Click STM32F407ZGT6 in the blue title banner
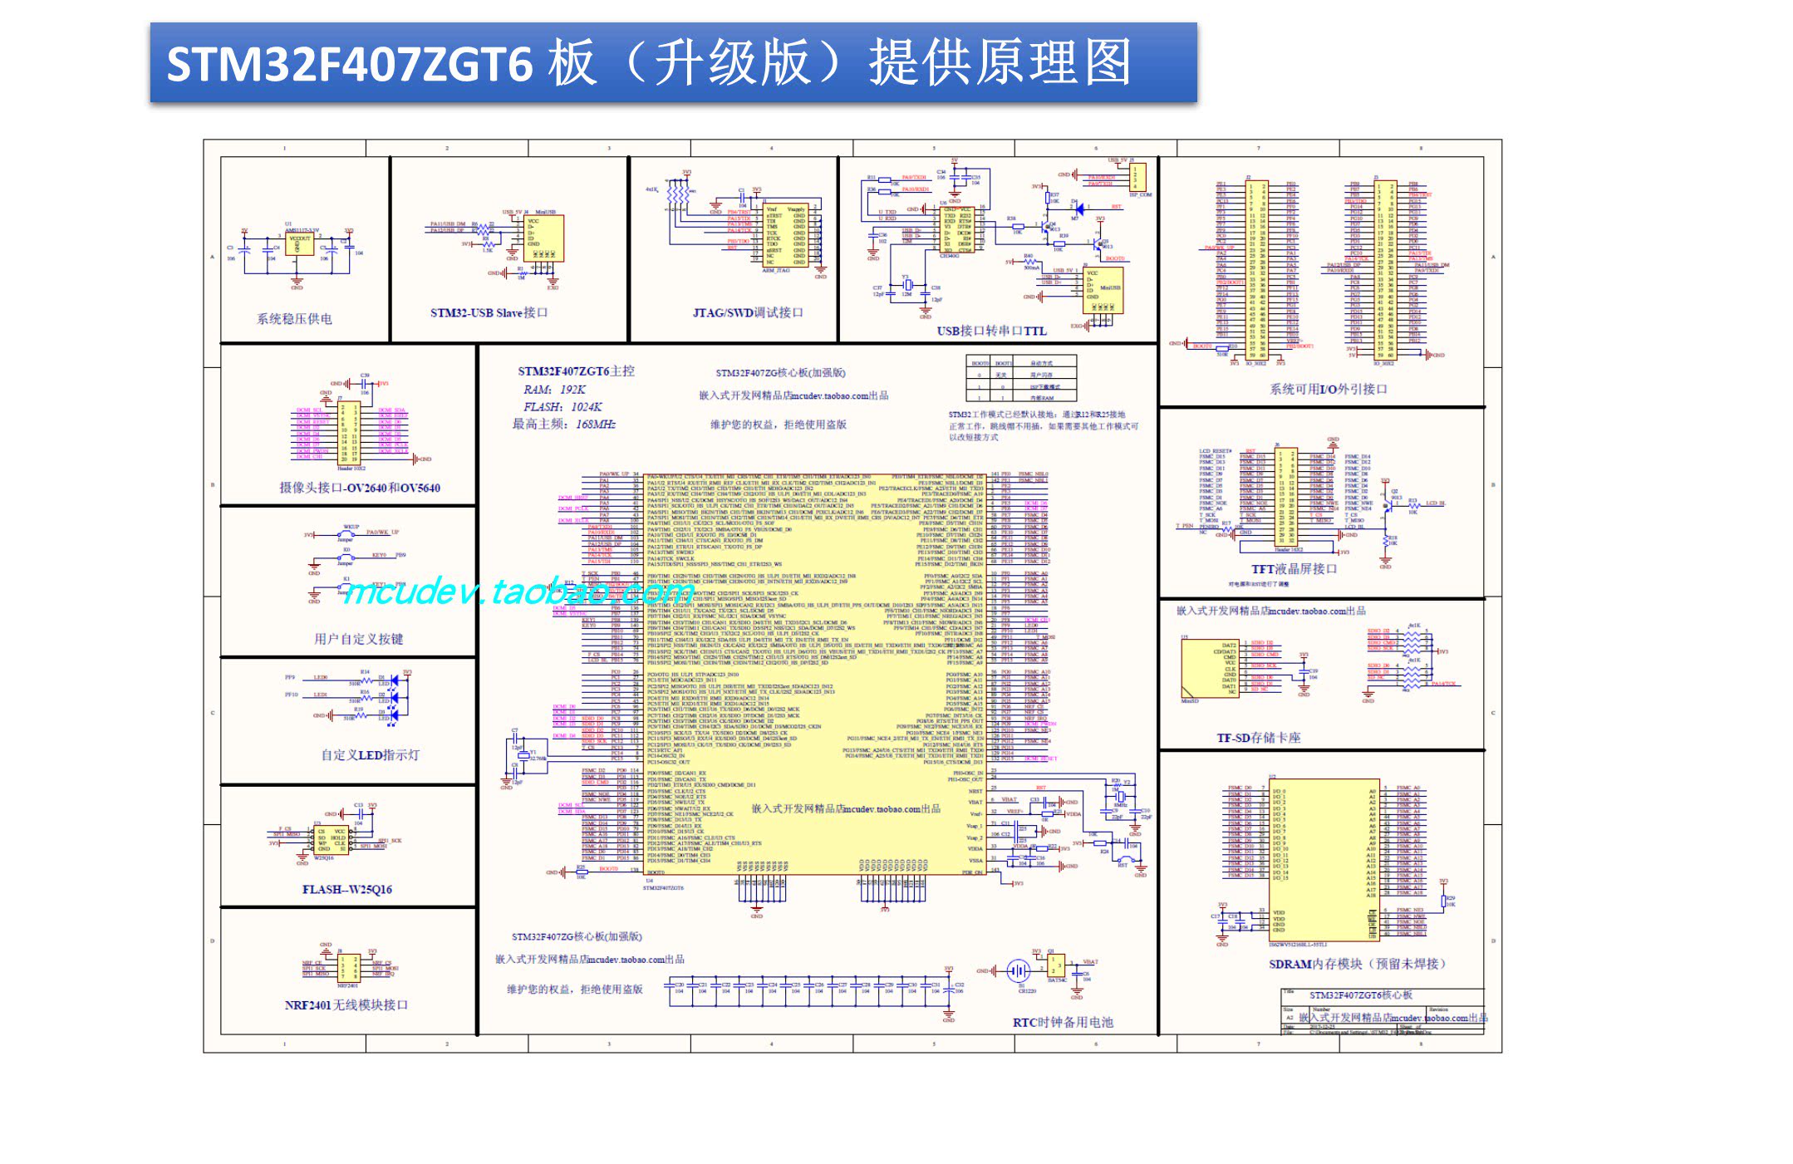349,63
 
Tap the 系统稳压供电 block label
294,318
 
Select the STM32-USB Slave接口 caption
489,312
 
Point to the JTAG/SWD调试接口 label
748,312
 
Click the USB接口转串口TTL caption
991,331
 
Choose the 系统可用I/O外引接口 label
1328,389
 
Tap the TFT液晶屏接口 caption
1294,569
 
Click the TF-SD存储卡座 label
1258,738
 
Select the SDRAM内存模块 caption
1357,964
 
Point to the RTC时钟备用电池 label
1062,1022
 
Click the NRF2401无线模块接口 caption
346,1004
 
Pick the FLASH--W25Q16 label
346,889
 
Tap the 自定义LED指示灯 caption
370,754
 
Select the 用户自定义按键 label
358,638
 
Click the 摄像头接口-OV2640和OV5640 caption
359,488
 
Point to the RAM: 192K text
554,389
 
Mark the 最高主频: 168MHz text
563,424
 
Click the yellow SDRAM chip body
1321,860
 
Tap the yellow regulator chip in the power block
299,243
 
